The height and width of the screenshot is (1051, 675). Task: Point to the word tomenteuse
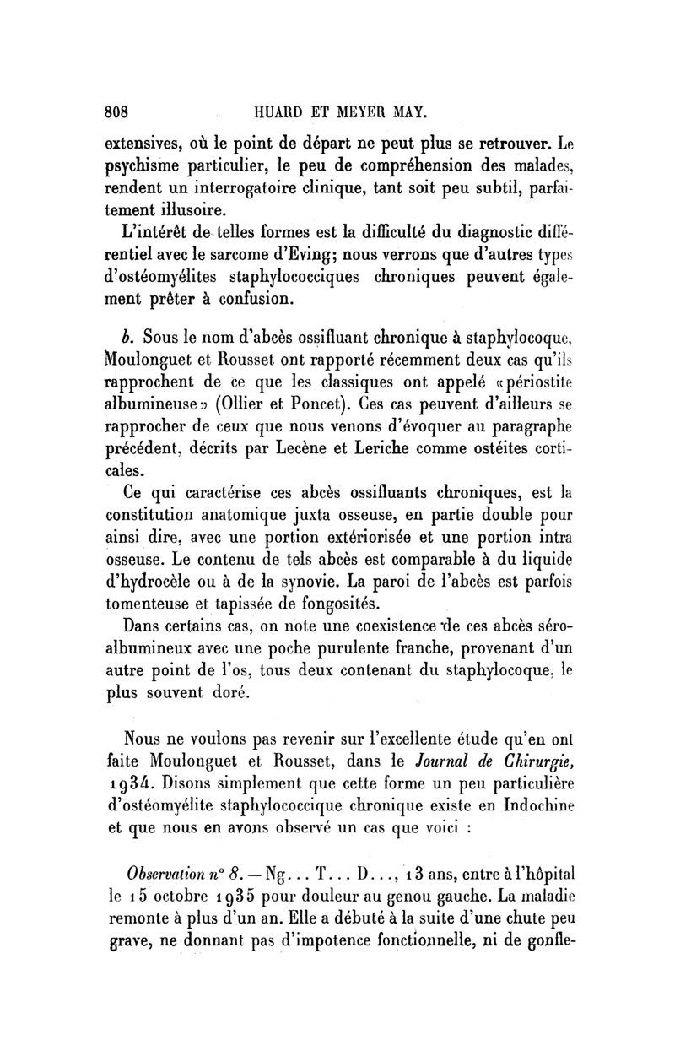click(x=165, y=604)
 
